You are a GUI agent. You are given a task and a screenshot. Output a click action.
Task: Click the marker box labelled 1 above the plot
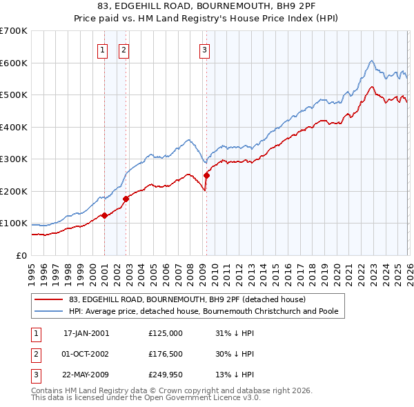[x=102, y=49]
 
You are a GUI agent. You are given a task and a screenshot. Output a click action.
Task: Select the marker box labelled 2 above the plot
[x=123, y=49]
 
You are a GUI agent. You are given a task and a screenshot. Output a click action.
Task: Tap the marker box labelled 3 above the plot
[x=205, y=49]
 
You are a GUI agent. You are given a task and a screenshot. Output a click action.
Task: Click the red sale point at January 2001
[x=104, y=215]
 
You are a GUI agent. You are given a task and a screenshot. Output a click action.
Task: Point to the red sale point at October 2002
[x=126, y=199]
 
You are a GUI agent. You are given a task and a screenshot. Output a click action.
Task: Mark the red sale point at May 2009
[x=206, y=175]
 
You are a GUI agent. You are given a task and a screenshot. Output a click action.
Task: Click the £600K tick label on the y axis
[x=14, y=63]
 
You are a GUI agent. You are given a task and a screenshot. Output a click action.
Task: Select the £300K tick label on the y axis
[x=14, y=159]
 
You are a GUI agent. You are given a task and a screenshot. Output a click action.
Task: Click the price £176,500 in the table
[x=166, y=354]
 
